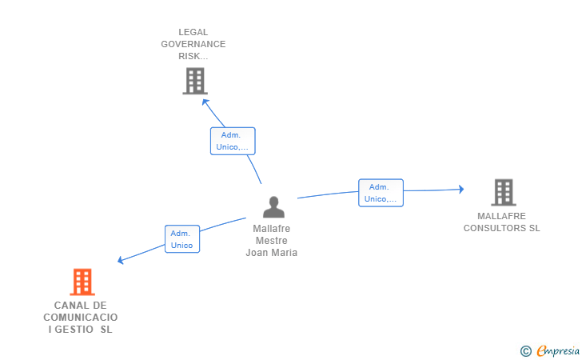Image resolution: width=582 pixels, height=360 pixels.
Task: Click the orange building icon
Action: click(x=82, y=282)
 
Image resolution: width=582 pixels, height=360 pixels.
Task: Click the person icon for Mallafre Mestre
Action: click(x=273, y=207)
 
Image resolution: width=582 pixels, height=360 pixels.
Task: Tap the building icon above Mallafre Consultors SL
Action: click(x=503, y=192)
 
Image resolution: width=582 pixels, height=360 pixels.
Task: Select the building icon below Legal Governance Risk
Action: click(x=194, y=81)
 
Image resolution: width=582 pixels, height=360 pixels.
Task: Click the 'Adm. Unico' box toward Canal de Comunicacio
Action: click(x=182, y=239)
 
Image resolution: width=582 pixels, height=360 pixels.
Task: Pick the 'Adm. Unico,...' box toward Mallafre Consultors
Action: click(x=381, y=193)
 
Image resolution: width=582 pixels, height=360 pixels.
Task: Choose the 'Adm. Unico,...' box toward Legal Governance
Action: click(x=233, y=141)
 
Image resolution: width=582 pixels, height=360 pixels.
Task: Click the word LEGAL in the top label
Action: click(x=193, y=33)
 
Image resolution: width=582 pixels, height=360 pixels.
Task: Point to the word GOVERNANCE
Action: click(x=193, y=45)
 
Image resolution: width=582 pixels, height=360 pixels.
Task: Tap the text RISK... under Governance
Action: click(x=193, y=57)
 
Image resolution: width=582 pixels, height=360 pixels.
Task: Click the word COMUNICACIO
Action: click(x=80, y=318)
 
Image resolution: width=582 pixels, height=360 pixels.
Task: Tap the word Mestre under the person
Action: click(x=272, y=241)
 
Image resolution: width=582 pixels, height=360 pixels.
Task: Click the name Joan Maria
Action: click(x=272, y=253)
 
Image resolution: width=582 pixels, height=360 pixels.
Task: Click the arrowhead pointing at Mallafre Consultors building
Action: click(x=460, y=190)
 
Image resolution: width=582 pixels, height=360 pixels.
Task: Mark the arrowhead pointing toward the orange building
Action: click(x=121, y=260)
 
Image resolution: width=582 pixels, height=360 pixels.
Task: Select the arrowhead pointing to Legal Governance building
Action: click(x=205, y=102)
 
